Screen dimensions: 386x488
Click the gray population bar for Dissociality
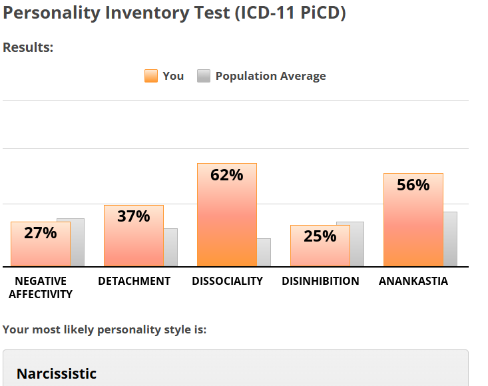point(264,252)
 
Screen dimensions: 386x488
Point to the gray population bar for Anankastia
point(451,239)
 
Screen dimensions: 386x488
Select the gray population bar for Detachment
point(171,247)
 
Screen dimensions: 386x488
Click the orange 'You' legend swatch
point(151,76)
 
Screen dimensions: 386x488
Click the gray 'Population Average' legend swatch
point(204,76)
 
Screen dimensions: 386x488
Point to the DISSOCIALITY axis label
point(227,281)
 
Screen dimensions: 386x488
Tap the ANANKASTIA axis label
point(413,281)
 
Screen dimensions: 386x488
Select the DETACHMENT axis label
point(134,281)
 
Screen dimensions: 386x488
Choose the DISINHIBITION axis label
point(320,281)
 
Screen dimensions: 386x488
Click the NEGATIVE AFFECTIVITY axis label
point(41,288)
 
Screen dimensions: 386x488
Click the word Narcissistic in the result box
point(57,373)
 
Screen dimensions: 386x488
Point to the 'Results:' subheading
point(28,48)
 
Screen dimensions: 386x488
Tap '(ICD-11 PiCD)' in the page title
point(289,13)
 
